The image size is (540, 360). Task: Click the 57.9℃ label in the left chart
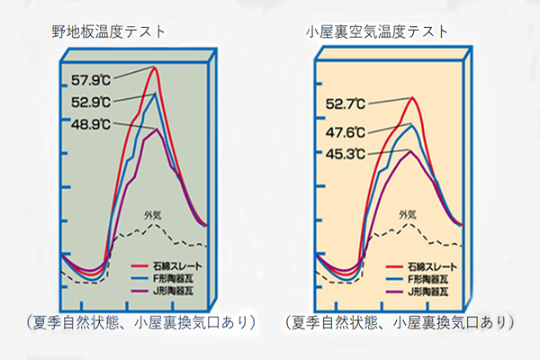pos(90,79)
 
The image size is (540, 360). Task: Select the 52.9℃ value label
pos(90,102)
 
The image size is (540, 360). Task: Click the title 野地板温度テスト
pos(109,31)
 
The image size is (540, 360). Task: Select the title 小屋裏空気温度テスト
pos(377,31)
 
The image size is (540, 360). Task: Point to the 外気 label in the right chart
pos(408,214)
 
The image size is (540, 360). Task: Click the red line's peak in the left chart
pos(156,67)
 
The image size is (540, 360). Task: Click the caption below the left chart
pos(137,321)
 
